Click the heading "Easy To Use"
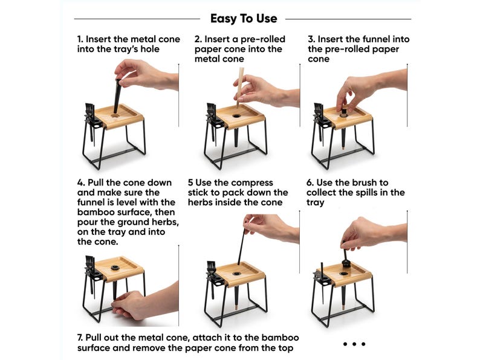click(x=244, y=19)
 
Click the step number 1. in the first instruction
click(x=80, y=39)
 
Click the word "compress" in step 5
click(x=253, y=183)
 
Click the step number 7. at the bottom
click(x=80, y=338)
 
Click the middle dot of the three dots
click(x=354, y=344)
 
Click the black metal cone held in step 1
click(x=117, y=95)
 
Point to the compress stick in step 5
click(x=242, y=246)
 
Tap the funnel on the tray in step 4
click(x=115, y=268)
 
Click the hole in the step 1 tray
click(x=115, y=116)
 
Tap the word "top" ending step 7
click(x=285, y=349)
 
